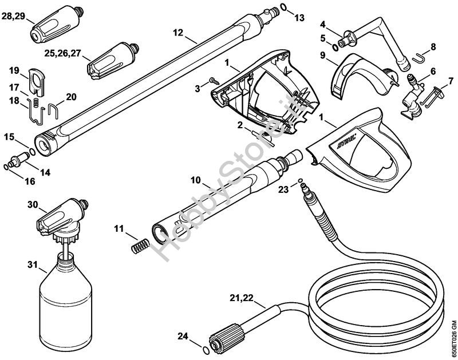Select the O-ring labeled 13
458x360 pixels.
pyautogui.click(x=284, y=7)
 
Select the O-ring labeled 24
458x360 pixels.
pyautogui.click(x=206, y=350)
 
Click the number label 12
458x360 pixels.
pyautogui.click(x=177, y=33)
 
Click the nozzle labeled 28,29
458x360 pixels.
pyautogui.click(x=57, y=25)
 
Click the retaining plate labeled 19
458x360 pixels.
pyautogui.click(x=37, y=82)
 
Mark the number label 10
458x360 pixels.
pyautogui.click(x=196, y=180)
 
